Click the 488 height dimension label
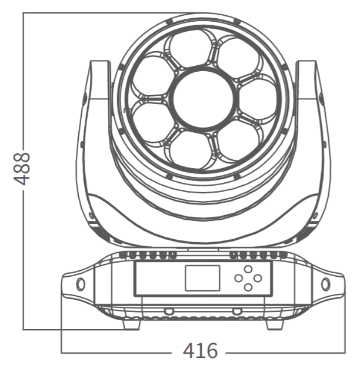coord(22,169)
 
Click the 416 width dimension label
coord(200,351)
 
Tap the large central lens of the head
coord(204,98)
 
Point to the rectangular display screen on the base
coord(202,278)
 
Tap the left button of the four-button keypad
coord(238,278)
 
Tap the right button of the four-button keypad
coord(258,278)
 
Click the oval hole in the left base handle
coord(81,284)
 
